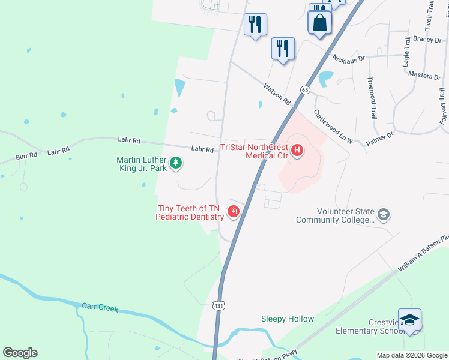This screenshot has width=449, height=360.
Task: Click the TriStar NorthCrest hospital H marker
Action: pyautogui.click(x=297, y=150)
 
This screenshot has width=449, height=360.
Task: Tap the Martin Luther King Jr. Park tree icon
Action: pyautogui.click(x=176, y=163)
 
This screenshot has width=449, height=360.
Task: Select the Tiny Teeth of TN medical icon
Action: pyautogui.click(x=233, y=212)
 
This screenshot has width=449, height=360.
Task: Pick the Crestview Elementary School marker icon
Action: pyautogui.click(x=409, y=320)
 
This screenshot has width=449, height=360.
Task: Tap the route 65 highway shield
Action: pyautogui.click(x=306, y=90)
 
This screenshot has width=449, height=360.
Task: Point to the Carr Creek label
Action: pyautogui.click(x=100, y=308)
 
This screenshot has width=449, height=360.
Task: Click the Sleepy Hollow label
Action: pyautogui.click(x=287, y=319)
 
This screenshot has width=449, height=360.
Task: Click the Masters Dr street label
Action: pyautogui.click(x=424, y=76)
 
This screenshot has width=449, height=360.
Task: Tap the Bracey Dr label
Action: pyautogui.click(x=427, y=40)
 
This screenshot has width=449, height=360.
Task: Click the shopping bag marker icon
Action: pyautogui.click(x=319, y=23)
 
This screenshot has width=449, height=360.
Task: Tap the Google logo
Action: pyautogui.click(x=20, y=353)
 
